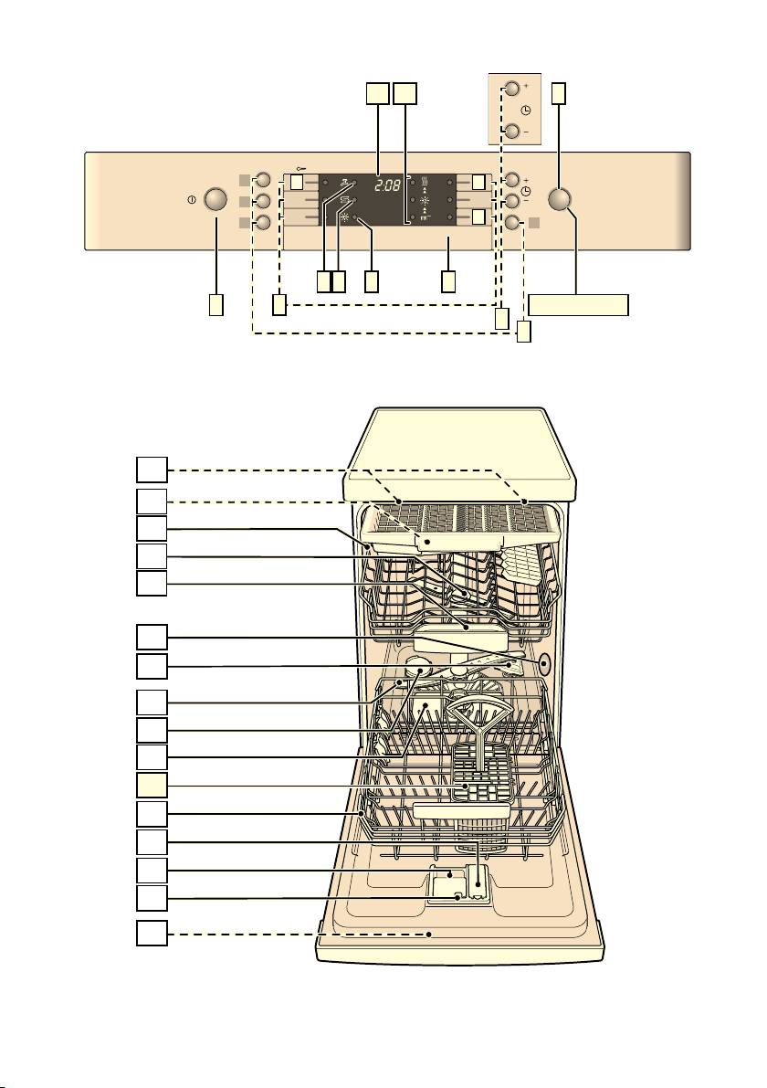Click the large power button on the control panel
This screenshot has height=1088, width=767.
pos(215,200)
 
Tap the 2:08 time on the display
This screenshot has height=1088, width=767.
pos(387,185)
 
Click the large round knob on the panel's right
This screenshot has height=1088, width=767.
pos(560,200)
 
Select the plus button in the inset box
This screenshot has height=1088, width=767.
pos(512,89)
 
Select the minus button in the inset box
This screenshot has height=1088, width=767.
pos(512,131)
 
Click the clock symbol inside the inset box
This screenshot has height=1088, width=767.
pos(526,111)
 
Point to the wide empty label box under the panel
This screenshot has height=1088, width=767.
pos(578,305)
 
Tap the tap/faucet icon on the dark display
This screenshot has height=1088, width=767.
pos(344,183)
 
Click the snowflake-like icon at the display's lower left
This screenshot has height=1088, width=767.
pos(344,218)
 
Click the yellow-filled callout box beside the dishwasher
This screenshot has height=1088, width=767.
pos(152,785)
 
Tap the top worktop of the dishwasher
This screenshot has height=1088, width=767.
pos(460,455)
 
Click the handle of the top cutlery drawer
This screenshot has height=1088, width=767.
pos(458,541)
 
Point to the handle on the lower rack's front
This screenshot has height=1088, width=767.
pos(461,810)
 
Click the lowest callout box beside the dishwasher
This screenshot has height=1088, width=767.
pos(152,933)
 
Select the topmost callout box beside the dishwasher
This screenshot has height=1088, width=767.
pos(152,469)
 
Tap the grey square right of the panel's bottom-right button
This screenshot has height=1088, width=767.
pos(534,223)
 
